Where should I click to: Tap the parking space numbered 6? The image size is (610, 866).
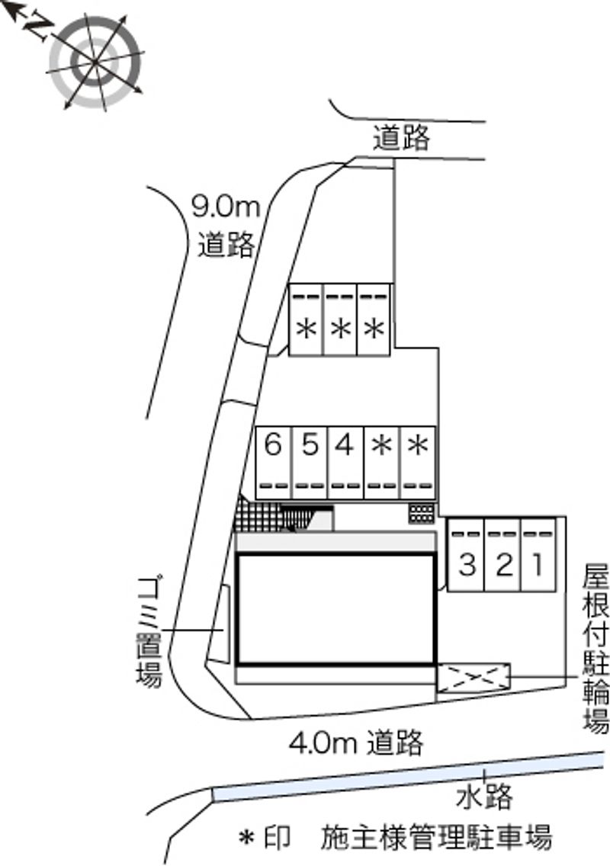point(273,462)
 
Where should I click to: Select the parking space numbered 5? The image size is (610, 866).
point(309,462)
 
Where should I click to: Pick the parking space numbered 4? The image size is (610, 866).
point(345,462)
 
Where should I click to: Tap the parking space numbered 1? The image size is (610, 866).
point(538,556)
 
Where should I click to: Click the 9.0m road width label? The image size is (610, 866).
point(226,206)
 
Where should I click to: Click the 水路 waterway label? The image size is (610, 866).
point(485,798)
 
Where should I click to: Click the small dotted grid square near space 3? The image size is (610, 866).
point(420,513)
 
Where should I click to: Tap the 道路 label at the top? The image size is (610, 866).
point(402,140)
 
